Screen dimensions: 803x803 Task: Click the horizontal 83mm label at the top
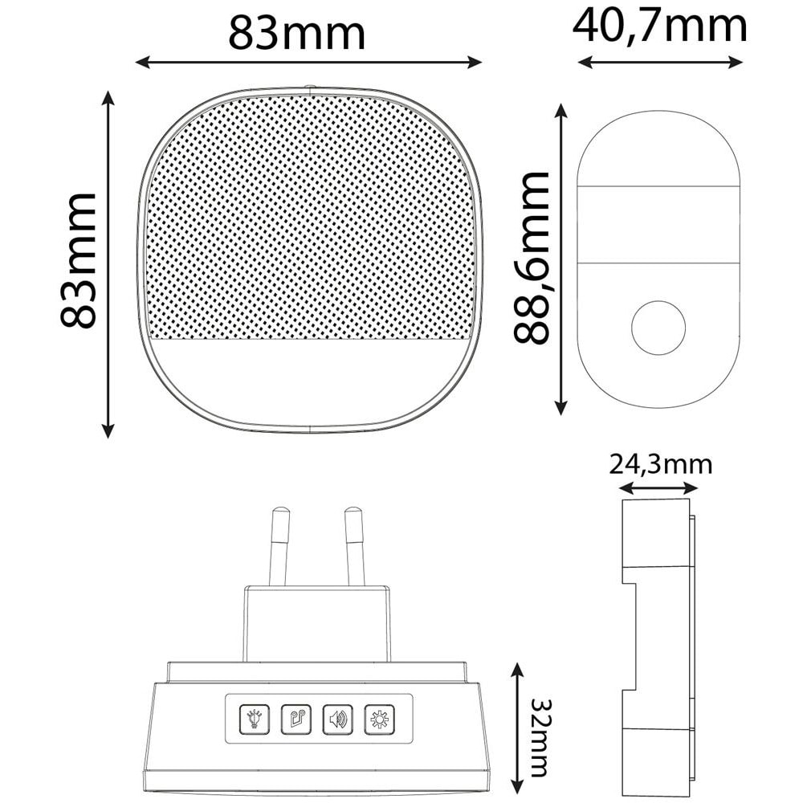[x=296, y=33]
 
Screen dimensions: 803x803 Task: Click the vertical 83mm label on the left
[x=79, y=260]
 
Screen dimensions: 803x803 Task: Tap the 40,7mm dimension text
[x=659, y=26]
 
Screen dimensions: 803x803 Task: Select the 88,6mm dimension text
[x=532, y=258]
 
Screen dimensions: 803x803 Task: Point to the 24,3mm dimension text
[x=660, y=464]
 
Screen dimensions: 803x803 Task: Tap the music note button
[x=296, y=718]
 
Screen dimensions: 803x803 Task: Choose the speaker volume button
[x=337, y=718]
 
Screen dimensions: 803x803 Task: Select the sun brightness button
[x=379, y=718]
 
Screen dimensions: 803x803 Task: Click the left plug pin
[x=279, y=546]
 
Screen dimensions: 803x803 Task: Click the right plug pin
[x=354, y=546]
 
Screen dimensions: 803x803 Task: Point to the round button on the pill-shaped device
[x=658, y=328]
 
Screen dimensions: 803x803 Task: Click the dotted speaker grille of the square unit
[x=309, y=217]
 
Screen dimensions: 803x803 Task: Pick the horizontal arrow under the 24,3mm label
[x=658, y=487]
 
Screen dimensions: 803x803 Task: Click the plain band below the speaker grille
[x=309, y=377]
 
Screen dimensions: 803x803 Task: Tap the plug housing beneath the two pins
[x=316, y=622]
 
